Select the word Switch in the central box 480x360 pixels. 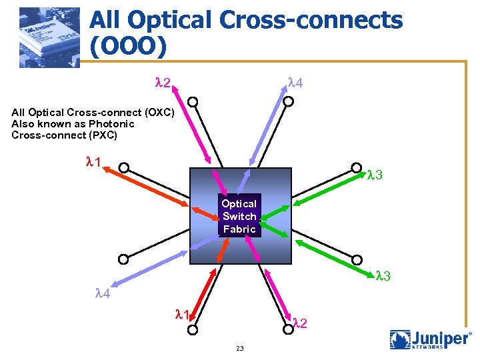pos(239,216)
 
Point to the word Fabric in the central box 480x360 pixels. pos(239,229)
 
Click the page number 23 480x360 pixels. pos(240,349)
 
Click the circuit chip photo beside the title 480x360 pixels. pos(49,37)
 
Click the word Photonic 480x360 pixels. pos(112,123)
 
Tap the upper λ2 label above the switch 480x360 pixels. pos(163,83)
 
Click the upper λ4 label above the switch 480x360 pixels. pos(295,83)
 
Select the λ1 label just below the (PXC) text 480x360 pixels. pos(93,162)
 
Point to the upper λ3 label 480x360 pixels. pos(375,175)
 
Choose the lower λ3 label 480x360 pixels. pos(383,275)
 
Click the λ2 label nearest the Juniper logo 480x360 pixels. pos(300,323)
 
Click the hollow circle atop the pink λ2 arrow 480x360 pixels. pos(193,103)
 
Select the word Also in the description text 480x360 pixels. pos(23,123)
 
